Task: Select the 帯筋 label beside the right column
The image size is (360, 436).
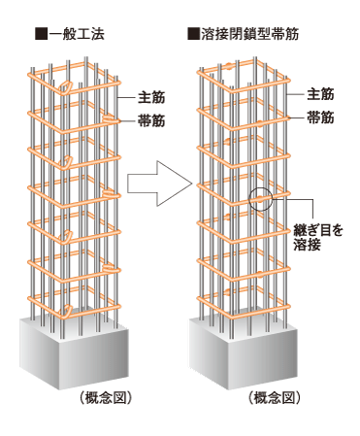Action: (x=320, y=116)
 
